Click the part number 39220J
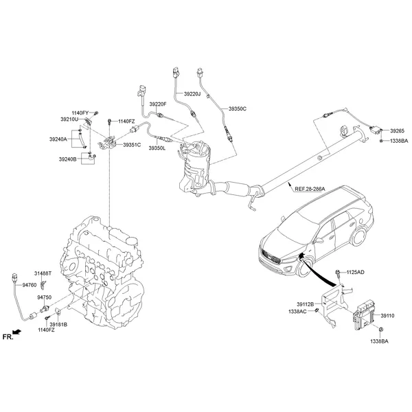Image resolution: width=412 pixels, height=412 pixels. (x=192, y=93)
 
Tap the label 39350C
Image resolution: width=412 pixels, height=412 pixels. (x=237, y=108)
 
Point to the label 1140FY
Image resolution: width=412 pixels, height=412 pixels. (x=80, y=113)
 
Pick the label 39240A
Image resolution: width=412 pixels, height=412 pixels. (x=58, y=139)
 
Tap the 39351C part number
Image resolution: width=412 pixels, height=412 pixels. (x=132, y=145)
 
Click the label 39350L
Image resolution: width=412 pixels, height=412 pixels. (x=157, y=147)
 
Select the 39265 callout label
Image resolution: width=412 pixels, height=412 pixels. (x=397, y=130)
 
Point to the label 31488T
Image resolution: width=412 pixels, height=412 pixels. (x=43, y=274)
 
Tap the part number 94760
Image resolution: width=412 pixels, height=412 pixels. (x=29, y=284)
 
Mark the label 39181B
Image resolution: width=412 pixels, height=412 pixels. (x=58, y=323)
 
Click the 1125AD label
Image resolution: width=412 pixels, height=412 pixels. (x=355, y=273)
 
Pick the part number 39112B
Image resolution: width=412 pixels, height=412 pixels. (x=305, y=304)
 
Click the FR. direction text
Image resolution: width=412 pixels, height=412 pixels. (x=8, y=337)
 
